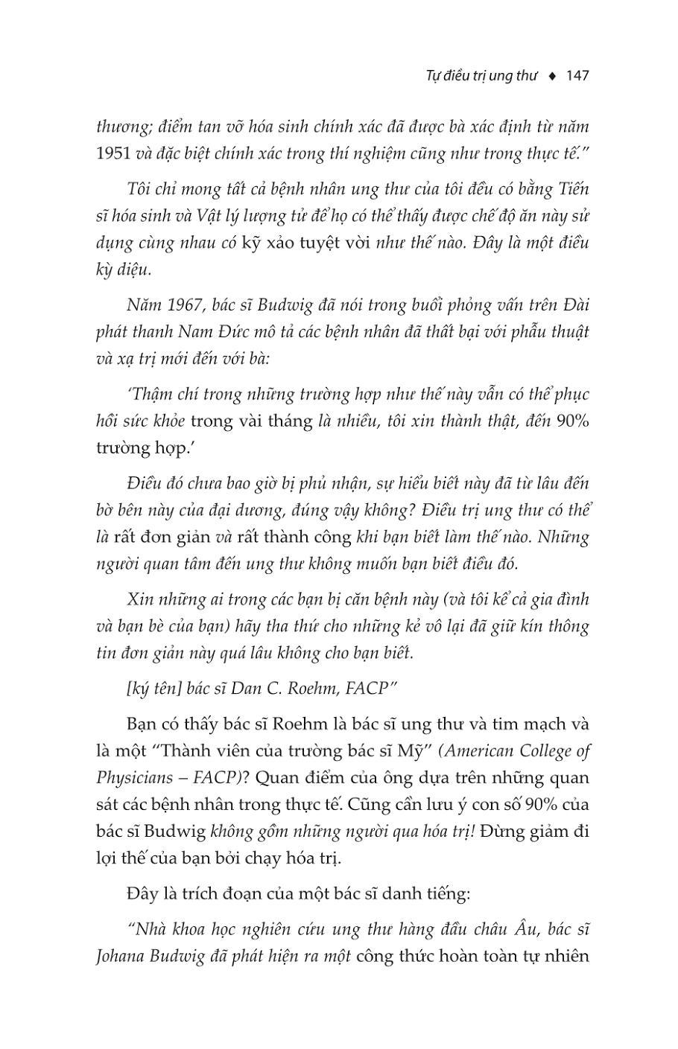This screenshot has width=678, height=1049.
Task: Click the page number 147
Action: (577, 76)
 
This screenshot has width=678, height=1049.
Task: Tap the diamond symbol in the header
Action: (552, 76)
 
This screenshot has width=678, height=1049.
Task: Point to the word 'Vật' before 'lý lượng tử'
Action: (213, 216)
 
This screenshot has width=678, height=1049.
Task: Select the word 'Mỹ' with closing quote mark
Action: (422, 750)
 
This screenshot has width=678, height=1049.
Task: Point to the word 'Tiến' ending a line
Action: (572, 189)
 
